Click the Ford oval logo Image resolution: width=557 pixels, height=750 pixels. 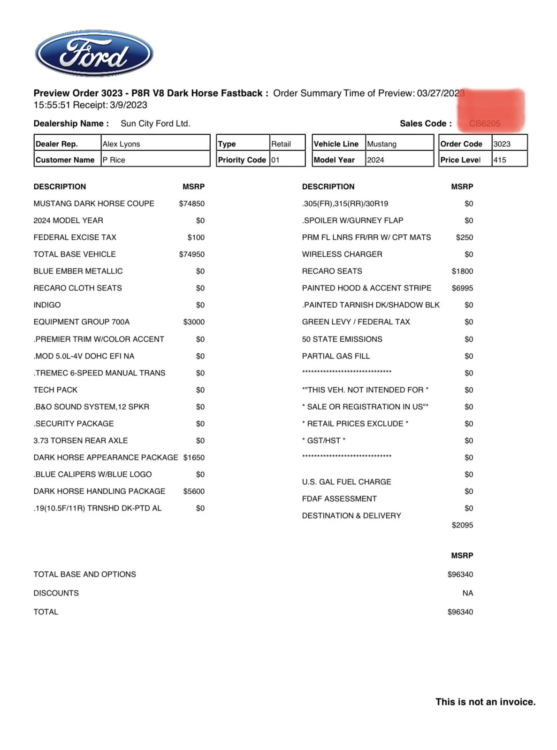pyautogui.click(x=94, y=53)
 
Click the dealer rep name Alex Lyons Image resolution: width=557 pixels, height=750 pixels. pyautogui.click(x=121, y=144)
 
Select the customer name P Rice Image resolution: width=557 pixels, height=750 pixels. pyautogui.click(x=114, y=160)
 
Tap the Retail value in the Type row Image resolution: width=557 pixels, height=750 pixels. pyautogui.click(x=281, y=144)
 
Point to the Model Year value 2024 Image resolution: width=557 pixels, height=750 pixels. pyautogui.click(x=375, y=160)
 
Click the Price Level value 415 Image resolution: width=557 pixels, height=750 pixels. pyautogui.click(x=500, y=160)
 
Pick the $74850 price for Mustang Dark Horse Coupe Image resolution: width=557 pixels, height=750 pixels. pyautogui.click(x=191, y=203)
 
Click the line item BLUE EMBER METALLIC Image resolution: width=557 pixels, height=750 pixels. pyautogui.click(x=78, y=271)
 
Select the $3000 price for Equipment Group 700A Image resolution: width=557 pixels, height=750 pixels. pyautogui.click(x=194, y=321)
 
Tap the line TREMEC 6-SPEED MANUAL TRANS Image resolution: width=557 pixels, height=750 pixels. pyautogui.click(x=99, y=373)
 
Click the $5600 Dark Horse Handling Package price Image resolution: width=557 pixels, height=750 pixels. pyautogui.click(x=194, y=491)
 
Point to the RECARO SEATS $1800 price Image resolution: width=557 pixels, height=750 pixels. pyautogui.click(x=462, y=271)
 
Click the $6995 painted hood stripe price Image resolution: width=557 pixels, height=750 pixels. pyautogui.click(x=462, y=288)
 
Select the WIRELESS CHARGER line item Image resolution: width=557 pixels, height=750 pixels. pyautogui.click(x=342, y=254)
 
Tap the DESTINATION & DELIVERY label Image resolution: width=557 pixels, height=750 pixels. pyautogui.click(x=351, y=515)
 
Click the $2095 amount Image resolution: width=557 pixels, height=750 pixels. pyautogui.click(x=462, y=525)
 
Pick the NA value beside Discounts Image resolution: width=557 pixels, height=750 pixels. pyautogui.click(x=467, y=593)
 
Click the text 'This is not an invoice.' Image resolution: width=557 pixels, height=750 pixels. pyautogui.click(x=485, y=702)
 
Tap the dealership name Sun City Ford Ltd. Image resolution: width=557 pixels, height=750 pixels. pyautogui.click(x=155, y=123)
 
